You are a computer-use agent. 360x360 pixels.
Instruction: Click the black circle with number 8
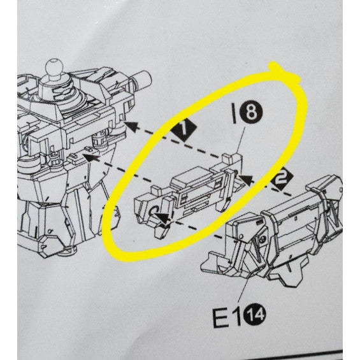click(x=250, y=112)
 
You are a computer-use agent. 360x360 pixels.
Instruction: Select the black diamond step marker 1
click(x=184, y=129)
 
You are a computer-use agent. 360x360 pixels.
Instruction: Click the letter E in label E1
click(x=221, y=318)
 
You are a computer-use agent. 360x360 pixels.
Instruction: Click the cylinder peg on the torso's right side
click(x=143, y=78)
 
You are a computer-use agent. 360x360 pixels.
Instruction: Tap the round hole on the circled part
click(x=153, y=211)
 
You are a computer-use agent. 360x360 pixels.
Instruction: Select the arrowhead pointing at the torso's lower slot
click(x=90, y=158)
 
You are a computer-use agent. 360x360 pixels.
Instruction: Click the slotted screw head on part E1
click(x=263, y=240)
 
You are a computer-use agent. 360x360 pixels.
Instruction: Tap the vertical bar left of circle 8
click(x=234, y=113)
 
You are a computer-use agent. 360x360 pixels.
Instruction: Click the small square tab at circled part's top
click(x=226, y=158)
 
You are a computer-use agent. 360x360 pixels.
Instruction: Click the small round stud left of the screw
click(x=241, y=236)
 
